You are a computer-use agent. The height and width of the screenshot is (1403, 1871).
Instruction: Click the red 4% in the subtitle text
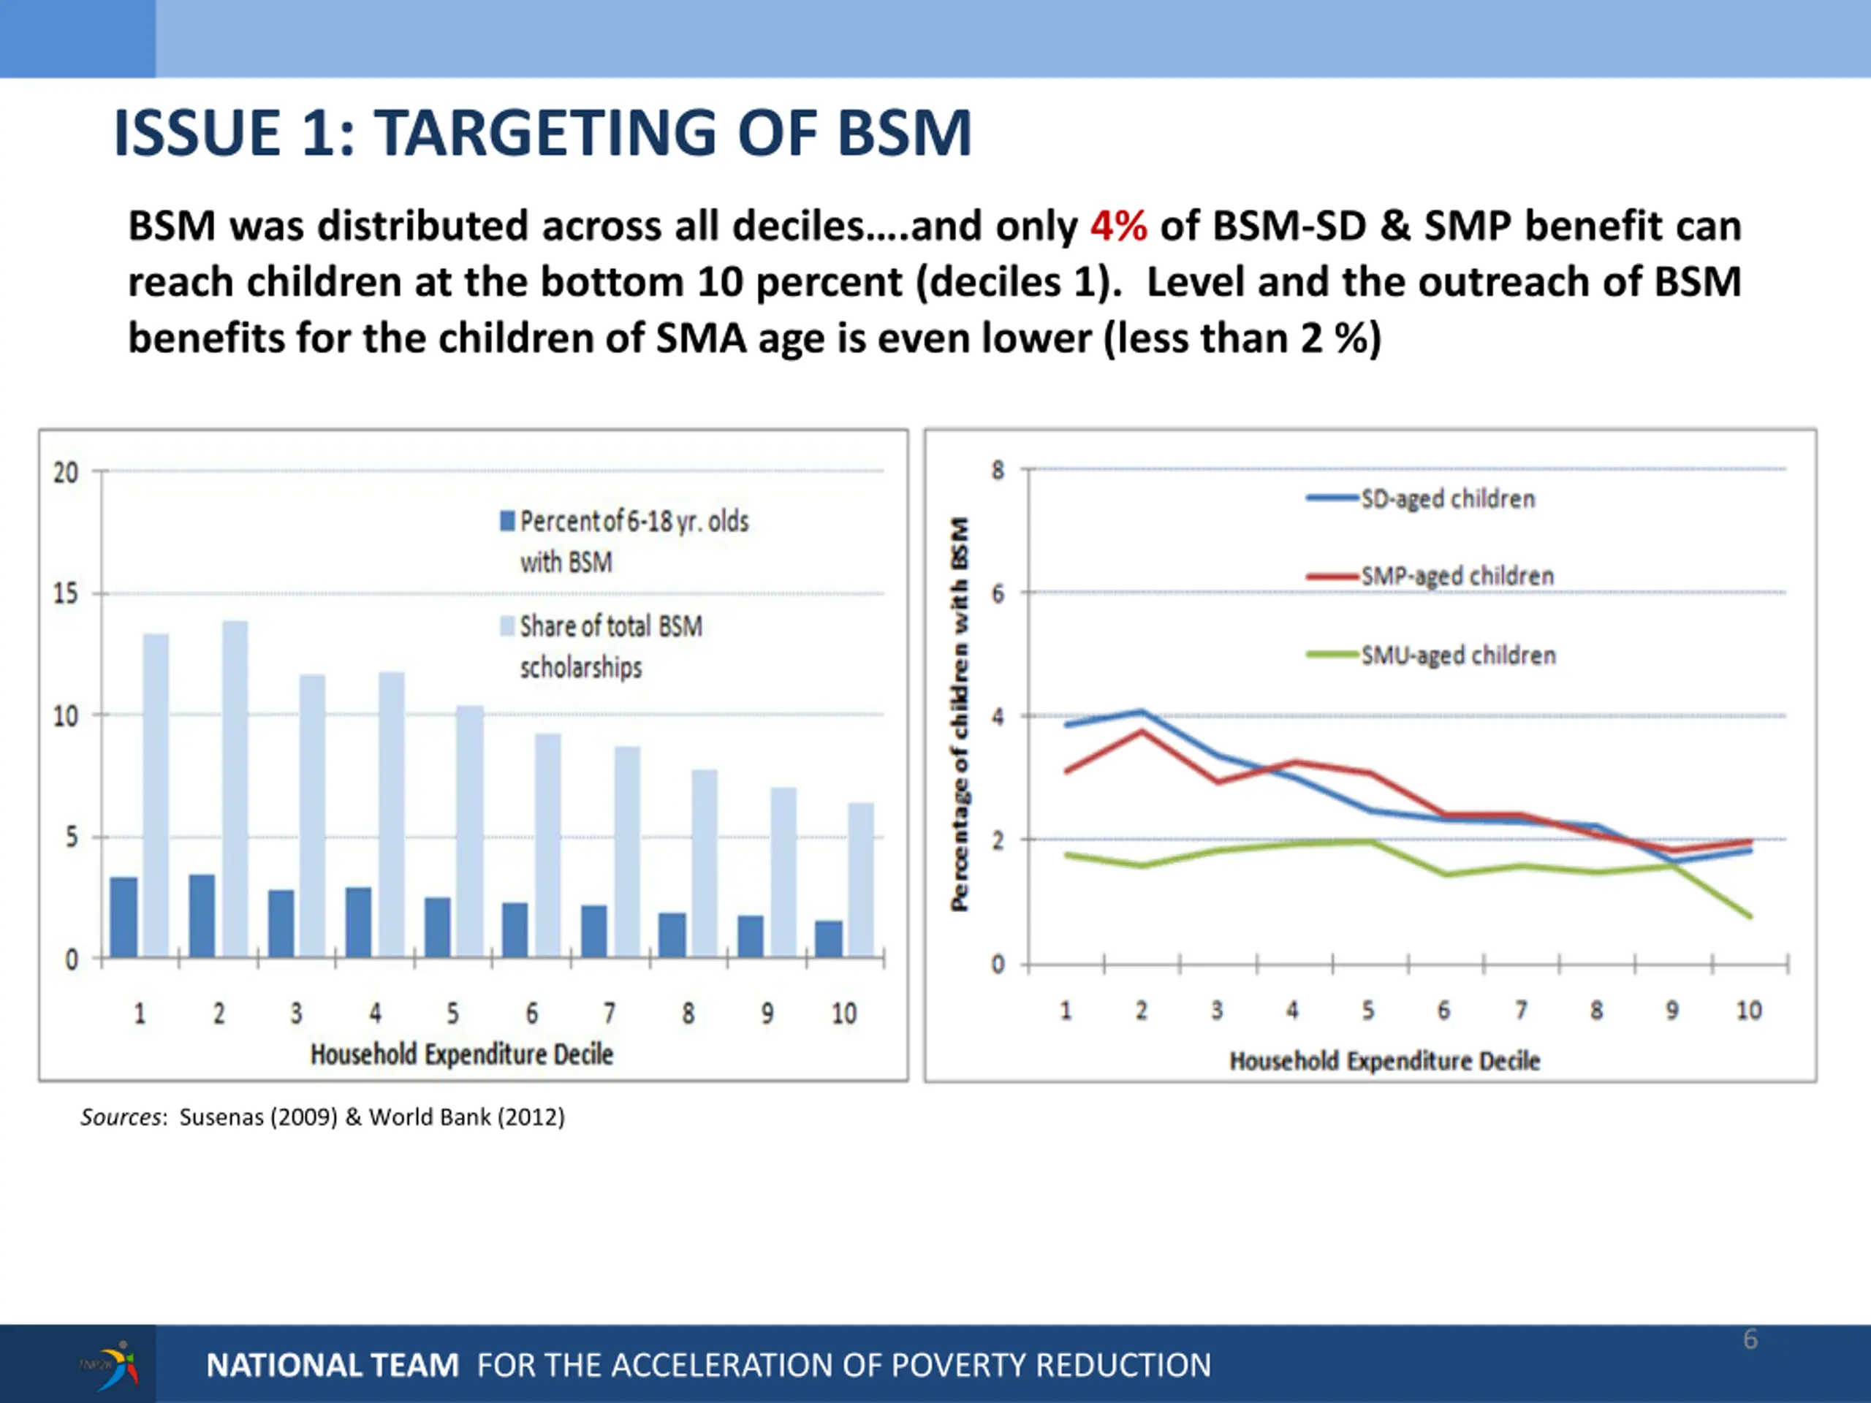(1117, 227)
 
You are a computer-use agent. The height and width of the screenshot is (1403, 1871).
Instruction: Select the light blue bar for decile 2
(235, 788)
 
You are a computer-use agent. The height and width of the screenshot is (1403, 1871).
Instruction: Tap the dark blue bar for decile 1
(124, 917)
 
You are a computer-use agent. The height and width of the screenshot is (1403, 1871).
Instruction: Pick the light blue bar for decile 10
(861, 880)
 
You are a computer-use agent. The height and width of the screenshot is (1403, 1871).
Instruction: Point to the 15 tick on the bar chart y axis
(65, 593)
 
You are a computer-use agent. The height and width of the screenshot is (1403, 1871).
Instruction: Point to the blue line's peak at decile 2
(1141, 712)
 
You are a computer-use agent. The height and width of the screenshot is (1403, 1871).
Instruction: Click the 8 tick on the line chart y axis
(998, 470)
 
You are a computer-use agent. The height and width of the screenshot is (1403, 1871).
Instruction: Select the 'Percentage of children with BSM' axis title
(959, 715)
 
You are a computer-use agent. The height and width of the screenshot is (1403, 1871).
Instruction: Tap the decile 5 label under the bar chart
(452, 1013)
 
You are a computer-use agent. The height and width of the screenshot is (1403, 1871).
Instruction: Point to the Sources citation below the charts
(322, 1117)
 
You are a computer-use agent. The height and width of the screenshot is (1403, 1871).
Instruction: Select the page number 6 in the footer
(1750, 1339)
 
